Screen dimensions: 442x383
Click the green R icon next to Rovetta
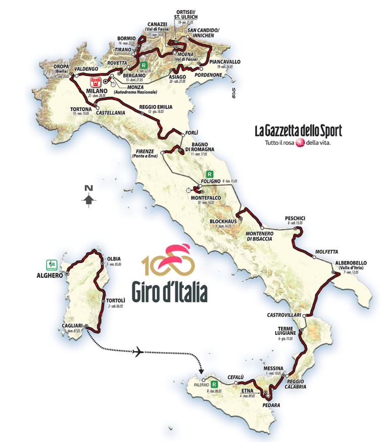click(144, 65)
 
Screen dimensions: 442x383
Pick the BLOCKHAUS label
click(221, 221)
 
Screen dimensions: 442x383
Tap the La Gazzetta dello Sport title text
click(298, 132)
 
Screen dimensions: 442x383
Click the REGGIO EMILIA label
click(156, 107)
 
